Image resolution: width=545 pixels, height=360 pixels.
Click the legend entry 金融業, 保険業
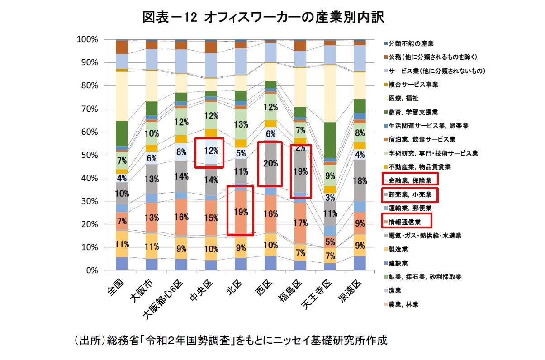[x=410, y=180]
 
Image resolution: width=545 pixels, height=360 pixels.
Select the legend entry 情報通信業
[x=405, y=222]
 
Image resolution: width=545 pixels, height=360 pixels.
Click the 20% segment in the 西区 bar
[x=270, y=164]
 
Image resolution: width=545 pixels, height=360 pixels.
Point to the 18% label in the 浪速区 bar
[x=360, y=181]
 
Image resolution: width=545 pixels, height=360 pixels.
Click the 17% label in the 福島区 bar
[x=300, y=223]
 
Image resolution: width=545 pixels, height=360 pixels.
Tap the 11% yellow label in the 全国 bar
[x=121, y=244]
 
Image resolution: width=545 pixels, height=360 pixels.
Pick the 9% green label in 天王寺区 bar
[x=330, y=175]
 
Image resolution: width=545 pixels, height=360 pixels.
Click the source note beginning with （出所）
[x=231, y=340]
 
